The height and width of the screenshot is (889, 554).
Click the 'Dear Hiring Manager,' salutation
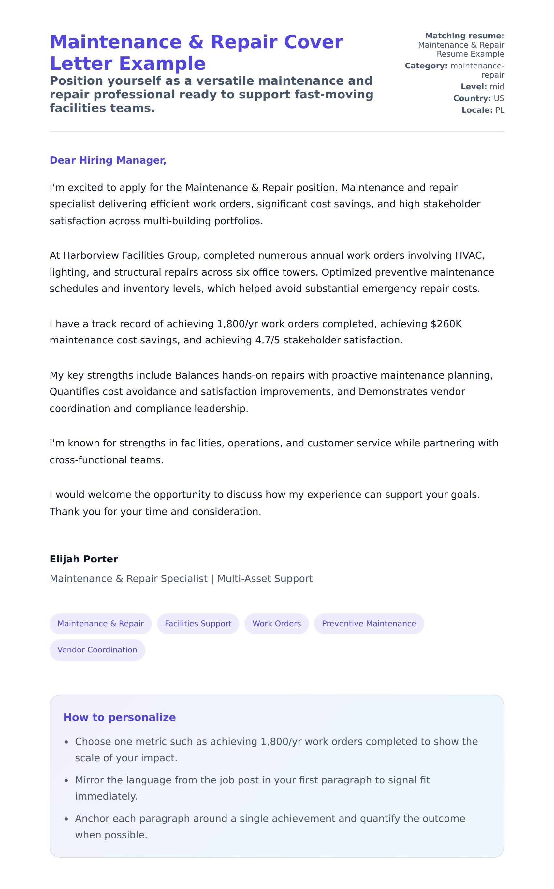click(x=108, y=160)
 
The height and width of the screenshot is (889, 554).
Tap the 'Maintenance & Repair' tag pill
click(x=100, y=623)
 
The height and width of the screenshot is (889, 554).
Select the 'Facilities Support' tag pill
click(x=198, y=623)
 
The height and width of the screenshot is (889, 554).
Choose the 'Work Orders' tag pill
click(x=277, y=623)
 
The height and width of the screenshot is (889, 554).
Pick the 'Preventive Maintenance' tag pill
click(x=369, y=623)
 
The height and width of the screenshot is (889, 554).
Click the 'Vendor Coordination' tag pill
click(x=97, y=649)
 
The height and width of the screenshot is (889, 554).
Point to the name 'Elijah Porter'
click(x=83, y=559)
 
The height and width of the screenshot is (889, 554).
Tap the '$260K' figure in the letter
click(x=446, y=324)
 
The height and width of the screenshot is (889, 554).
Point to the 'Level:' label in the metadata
click(x=474, y=87)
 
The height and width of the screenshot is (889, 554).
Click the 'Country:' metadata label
click(x=472, y=98)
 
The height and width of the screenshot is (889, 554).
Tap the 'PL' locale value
click(x=500, y=110)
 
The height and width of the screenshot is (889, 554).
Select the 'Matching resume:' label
click(x=465, y=36)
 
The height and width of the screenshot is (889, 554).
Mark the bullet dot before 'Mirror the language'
click(x=66, y=780)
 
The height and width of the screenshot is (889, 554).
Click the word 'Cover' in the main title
click(x=313, y=42)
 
